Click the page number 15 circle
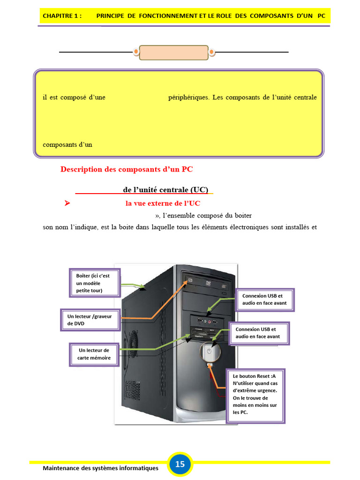(180, 465)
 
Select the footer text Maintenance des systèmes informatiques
(100, 468)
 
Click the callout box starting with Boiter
(95, 283)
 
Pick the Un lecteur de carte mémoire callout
(94, 354)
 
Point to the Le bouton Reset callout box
(255, 396)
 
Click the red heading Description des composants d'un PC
(127, 169)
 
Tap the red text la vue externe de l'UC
(163, 203)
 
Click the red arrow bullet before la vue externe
(67, 203)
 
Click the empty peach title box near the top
(173, 52)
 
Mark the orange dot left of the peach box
(136, 52)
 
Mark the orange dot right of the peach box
(211, 52)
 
